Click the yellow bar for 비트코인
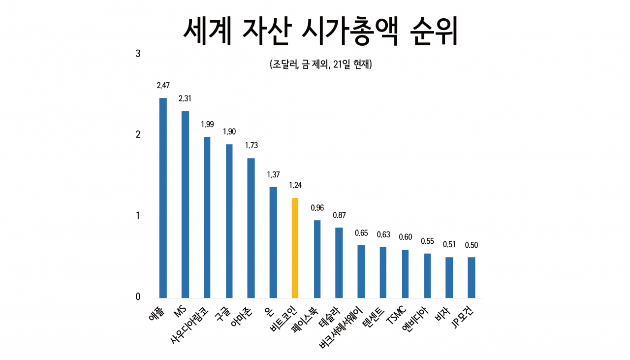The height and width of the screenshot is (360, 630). point(295,248)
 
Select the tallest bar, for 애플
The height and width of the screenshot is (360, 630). point(163,198)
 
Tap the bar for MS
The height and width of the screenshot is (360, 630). point(185,205)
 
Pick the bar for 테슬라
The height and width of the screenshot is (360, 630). point(339,263)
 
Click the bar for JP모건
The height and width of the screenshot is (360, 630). point(472,278)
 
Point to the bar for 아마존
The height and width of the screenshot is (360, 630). point(251,228)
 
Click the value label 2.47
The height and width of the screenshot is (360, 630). point(163,85)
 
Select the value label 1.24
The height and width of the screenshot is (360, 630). point(295,185)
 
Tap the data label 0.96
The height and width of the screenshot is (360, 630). point(317,208)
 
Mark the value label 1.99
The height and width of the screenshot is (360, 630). point(207,124)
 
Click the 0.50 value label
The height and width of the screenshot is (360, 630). point(472,245)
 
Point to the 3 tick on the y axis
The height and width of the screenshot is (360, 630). point(138,54)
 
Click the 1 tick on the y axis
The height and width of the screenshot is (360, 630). point(138,216)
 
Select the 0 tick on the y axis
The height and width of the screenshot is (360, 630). point(138,296)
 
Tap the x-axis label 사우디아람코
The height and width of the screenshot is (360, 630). point(189,326)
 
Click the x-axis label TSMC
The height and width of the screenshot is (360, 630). point(396,315)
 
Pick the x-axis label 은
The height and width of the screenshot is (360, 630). point(269,310)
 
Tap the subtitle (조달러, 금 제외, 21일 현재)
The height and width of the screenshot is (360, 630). point(321,64)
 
